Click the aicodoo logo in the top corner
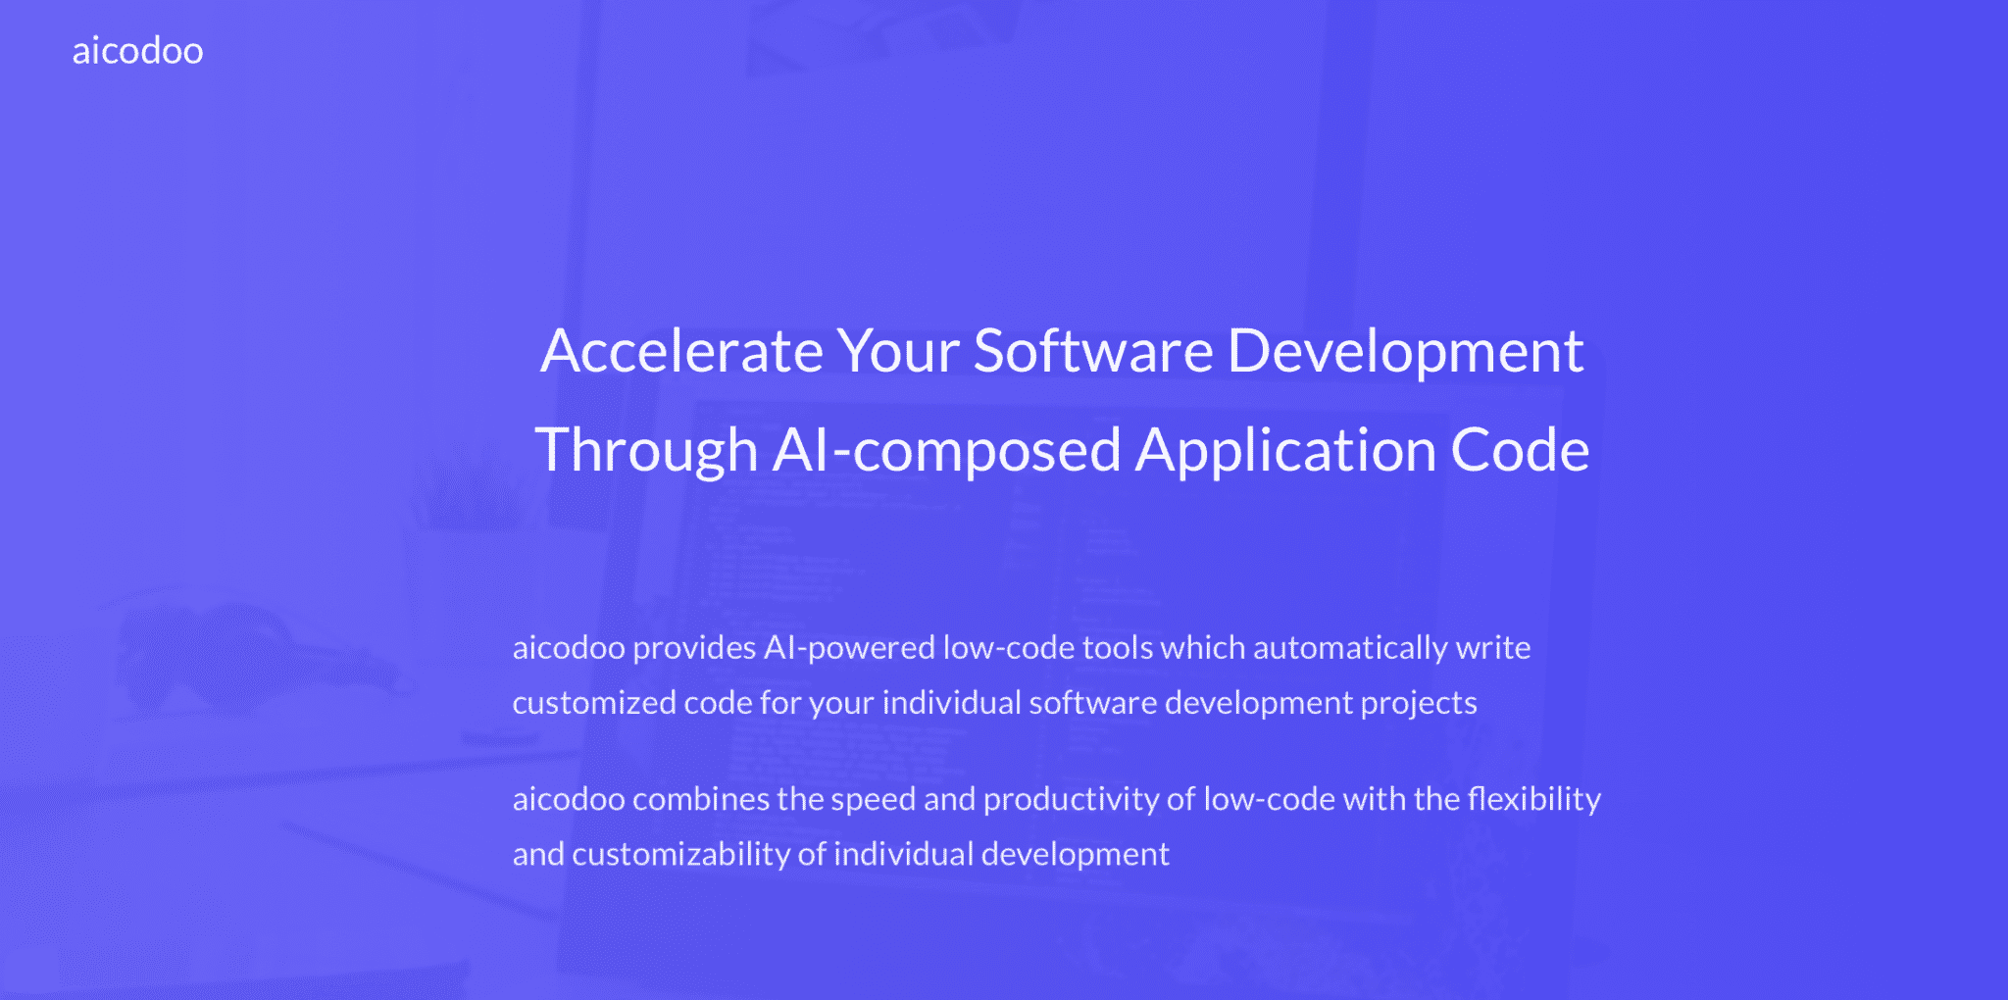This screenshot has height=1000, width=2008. [x=137, y=51]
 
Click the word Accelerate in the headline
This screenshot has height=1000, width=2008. [x=681, y=351]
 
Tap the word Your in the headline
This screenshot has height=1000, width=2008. [x=897, y=351]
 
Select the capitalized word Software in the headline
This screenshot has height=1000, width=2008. [x=1093, y=351]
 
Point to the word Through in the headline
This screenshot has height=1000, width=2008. [x=646, y=451]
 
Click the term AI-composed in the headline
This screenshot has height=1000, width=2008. [x=946, y=451]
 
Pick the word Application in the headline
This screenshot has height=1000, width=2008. [x=1285, y=451]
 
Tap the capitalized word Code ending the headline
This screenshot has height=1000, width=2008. [x=1520, y=451]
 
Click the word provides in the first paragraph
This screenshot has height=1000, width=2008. [x=694, y=648]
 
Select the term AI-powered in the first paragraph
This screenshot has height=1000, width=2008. [x=849, y=648]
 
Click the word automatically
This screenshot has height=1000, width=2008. [x=1350, y=648]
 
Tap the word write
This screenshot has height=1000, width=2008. [x=1493, y=648]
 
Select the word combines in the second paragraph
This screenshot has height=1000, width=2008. [x=701, y=799]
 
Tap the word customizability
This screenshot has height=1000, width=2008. [x=680, y=854]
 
